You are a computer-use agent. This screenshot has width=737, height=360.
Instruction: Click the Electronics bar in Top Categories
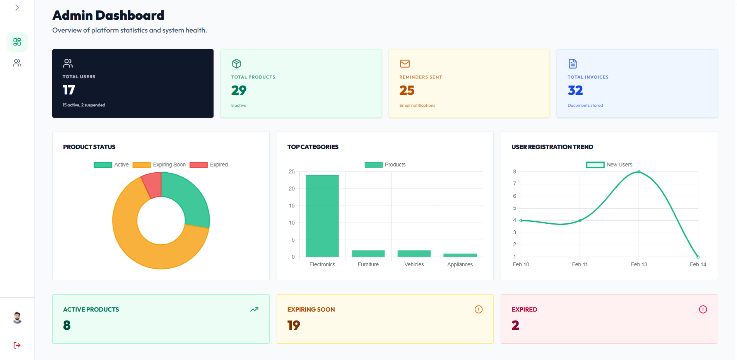click(x=322, y=216)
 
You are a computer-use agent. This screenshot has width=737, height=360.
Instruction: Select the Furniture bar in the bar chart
click(x=368, y=253)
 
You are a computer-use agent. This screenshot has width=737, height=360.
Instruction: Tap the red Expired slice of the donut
click(x=152, y=185)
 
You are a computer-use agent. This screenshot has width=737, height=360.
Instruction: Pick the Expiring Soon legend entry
click(x=159, y=165)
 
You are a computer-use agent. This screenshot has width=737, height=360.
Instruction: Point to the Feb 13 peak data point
click(x=639, y=172)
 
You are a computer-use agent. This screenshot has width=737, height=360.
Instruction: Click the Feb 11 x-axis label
click(x=580, y=264)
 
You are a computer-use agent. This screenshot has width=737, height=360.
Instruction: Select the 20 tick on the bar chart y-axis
click(x=292, y=189)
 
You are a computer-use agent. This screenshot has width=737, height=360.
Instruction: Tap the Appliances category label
click(x=460, y=264)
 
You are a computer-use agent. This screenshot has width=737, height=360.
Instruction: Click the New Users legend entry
click(x=609, y=165)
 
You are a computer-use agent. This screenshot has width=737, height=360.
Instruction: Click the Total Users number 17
click(x=69, y=90)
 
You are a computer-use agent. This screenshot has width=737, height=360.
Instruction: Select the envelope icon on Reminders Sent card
click(x=405, y=63)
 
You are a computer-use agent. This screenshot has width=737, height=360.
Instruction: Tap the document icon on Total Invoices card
click(x=573, y=63)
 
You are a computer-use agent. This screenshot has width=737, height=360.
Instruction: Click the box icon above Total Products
click(x=236, y=63)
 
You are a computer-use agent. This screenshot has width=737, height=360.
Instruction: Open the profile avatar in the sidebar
click(x=17, y=317)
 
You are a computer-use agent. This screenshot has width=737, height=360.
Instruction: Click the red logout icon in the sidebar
click(x=17, y=345)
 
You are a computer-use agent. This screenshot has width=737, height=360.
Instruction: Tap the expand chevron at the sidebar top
click(x=17, y=8)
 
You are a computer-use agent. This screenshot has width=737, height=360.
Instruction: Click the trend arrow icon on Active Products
click(x=254, y=309)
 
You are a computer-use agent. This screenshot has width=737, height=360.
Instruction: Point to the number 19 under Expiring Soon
click(x=294, y=325)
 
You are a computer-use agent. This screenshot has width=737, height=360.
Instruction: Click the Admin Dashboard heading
click(x=108, y=15)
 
